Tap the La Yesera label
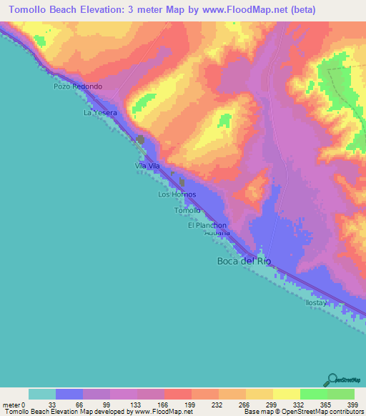[x=99, y=113]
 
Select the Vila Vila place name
[x=147, y=167]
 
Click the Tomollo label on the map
[x=188, y=211]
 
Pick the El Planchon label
[x=207, y=225]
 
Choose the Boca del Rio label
[x=244, y=261]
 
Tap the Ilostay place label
[x=316, y=302]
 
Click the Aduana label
[x=217, y=234]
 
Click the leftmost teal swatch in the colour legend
[x=42, y=394]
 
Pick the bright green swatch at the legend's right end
[x=341, y=394]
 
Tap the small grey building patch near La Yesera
[x=141, y=139]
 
